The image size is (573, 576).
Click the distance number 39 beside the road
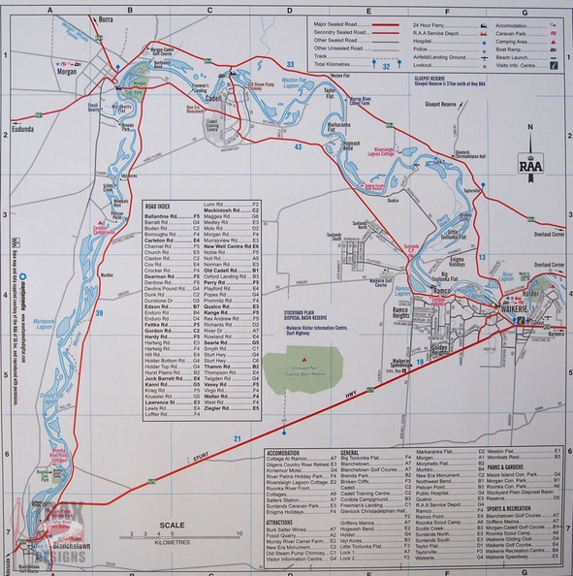pyautogui.click(x=100, y=311)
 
